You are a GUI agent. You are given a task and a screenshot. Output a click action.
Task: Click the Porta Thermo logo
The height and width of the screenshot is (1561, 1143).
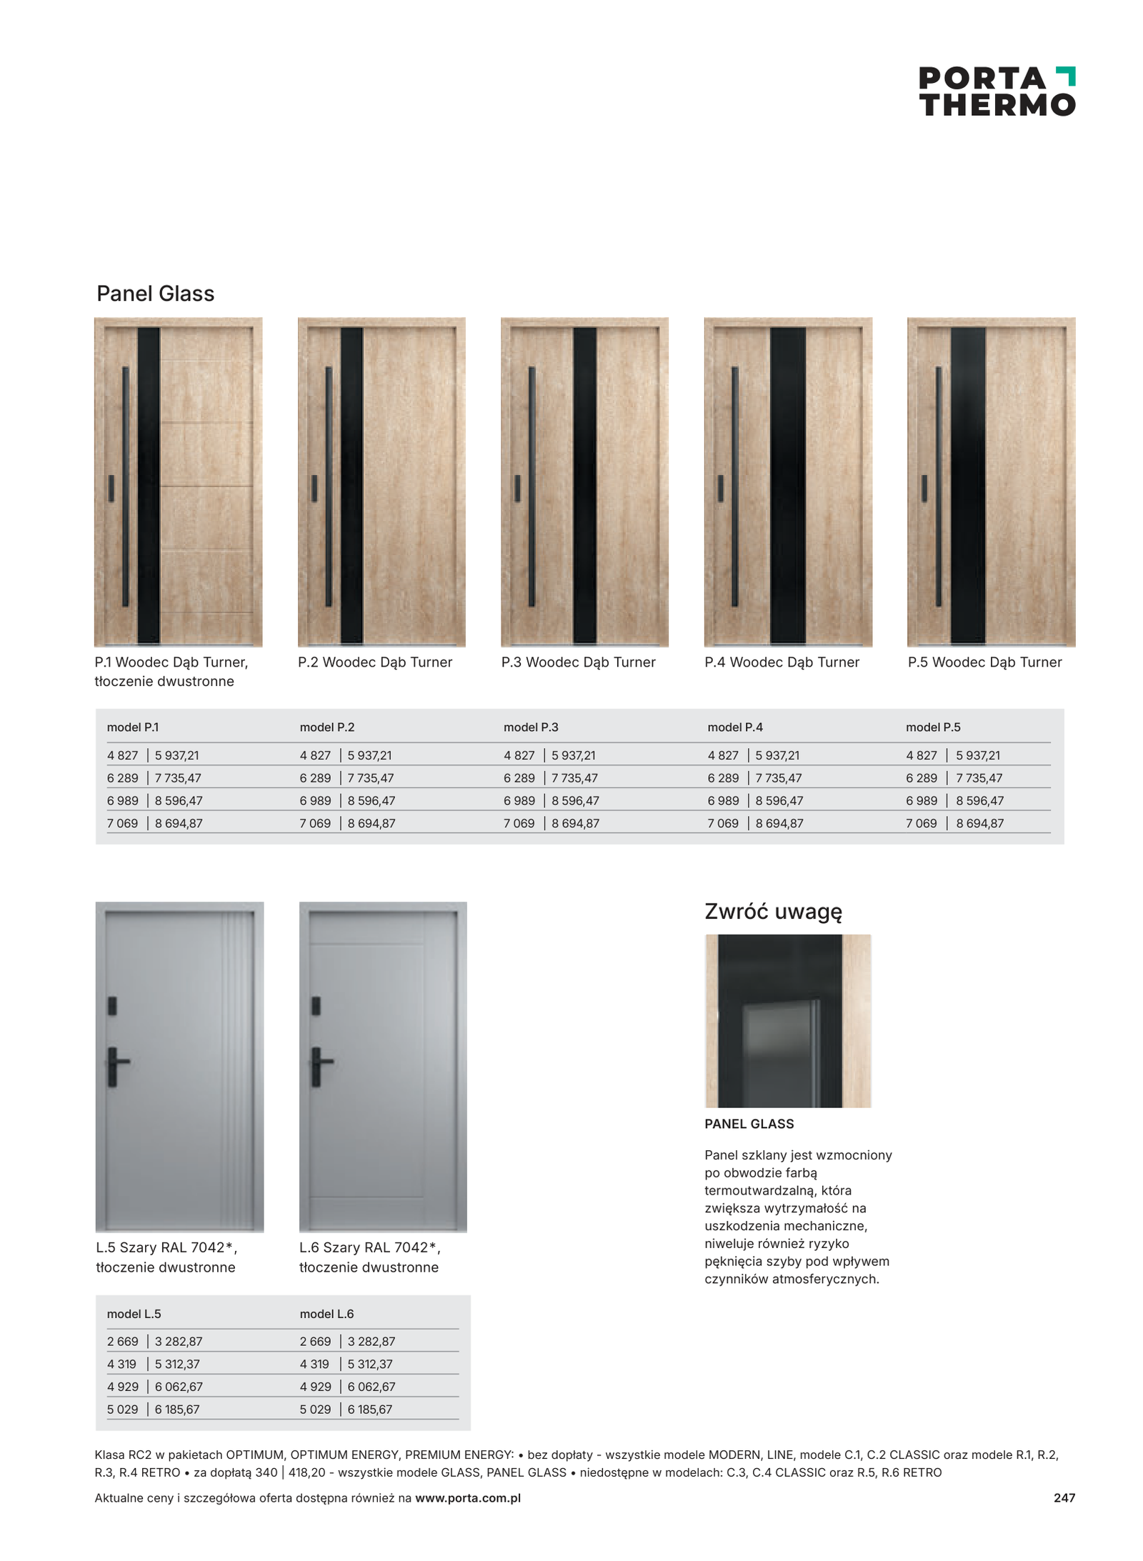pos(996,91)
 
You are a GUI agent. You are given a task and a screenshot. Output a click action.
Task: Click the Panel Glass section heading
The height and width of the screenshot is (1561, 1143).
pos(155,294)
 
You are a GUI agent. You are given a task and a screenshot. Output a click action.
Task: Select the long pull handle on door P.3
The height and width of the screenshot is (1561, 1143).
pos(531,486)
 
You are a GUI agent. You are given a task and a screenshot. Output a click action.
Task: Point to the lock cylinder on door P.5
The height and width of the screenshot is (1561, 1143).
pos(924,488)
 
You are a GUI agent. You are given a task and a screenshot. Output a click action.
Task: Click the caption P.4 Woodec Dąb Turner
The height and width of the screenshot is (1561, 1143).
pos(782,662)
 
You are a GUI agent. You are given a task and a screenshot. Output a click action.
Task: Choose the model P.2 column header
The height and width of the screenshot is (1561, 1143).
pos(326,727)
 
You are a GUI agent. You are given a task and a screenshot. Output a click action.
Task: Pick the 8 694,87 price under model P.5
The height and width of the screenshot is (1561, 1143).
pos(979,823)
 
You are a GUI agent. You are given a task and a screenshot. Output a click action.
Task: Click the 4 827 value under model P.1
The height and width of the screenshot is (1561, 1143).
pos(122,755)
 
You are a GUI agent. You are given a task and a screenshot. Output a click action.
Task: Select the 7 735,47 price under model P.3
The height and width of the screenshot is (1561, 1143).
pos(574,778)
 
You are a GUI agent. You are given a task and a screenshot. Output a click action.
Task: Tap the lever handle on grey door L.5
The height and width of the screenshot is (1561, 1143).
pos(116,1066)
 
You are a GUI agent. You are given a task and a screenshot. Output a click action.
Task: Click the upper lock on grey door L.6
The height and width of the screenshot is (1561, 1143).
pos(316,1006)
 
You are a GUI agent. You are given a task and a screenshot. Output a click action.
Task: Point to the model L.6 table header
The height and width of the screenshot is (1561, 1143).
pos(326,1314)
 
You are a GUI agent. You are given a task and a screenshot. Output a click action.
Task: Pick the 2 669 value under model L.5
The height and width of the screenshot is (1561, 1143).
pos(122,1342)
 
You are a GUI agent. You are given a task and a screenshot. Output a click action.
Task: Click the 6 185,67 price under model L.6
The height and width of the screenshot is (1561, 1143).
pos(370,1410)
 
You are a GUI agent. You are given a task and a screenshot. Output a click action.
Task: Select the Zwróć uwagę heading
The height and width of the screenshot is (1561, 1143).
pos(773,912)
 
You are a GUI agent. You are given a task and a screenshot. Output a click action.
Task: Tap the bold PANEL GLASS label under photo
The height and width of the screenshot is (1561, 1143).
pos(749,1124)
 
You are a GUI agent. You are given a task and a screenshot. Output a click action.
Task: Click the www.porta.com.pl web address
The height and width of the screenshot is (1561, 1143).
pos(467,1498)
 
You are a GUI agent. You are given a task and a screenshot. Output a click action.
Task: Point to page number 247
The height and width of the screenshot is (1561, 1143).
pos(1064,1498)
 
